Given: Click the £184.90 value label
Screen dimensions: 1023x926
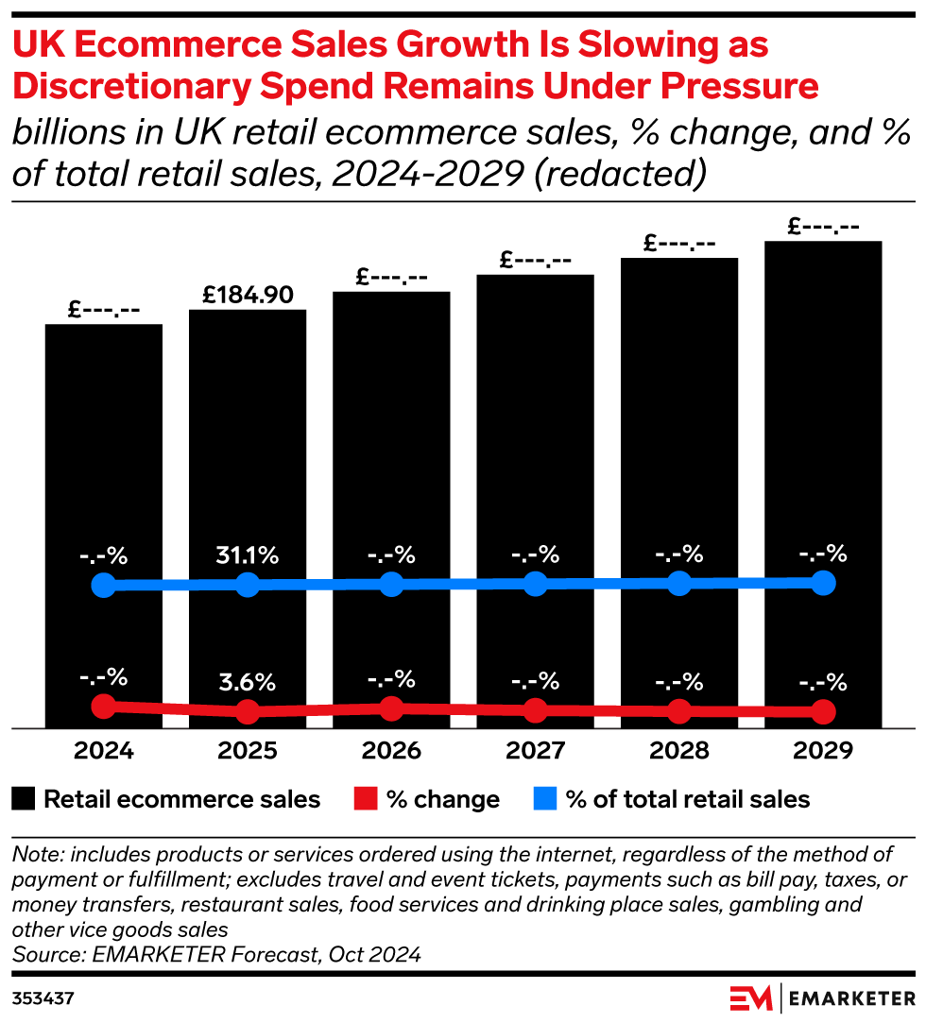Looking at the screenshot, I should pos(248,294).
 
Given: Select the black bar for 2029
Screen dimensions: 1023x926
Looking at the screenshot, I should pos(823,425).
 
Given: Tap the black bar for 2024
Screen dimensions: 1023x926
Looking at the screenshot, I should pos(104,453).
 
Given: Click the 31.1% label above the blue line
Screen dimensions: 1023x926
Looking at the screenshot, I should pos(248,555).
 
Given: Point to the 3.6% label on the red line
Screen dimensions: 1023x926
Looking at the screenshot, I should pos(248,681).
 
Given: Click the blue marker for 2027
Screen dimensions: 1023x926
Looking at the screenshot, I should pos(535,584).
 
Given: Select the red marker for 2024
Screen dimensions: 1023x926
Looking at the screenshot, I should pos(104,706).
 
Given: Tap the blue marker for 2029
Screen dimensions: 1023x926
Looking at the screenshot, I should pos(823,582).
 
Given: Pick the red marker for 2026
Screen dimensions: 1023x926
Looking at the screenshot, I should pos(391,708).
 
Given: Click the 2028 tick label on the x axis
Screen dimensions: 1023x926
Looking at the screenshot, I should pos(679,751).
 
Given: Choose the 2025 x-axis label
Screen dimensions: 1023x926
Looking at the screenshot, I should pos(248,751).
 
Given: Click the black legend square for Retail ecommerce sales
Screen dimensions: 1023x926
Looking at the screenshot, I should pos(25,799).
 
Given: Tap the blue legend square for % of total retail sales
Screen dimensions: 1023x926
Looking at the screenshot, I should pos(545,799).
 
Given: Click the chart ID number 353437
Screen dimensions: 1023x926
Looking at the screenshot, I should pos(43,997).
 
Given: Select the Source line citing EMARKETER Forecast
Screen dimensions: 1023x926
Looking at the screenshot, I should pos(216,955).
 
